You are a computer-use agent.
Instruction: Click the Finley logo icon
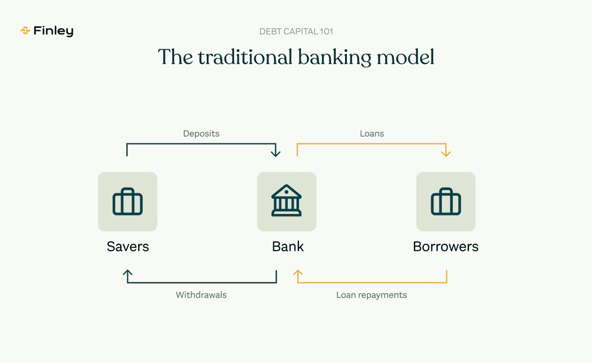25,31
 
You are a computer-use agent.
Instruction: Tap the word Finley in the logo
53,31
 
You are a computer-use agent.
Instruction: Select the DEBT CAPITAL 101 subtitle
296,32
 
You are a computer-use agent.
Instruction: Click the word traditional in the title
245,57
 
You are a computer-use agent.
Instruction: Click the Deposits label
201,134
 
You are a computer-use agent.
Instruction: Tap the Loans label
372,134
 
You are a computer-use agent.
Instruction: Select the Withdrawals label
201,295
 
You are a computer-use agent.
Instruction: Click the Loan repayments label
372,295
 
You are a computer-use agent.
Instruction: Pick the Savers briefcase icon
128,201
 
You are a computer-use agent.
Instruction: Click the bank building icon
287,201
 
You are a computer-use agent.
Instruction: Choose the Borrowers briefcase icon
446,201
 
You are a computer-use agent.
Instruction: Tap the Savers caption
128,247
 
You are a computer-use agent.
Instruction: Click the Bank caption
288,247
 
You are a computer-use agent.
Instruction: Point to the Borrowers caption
446,247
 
